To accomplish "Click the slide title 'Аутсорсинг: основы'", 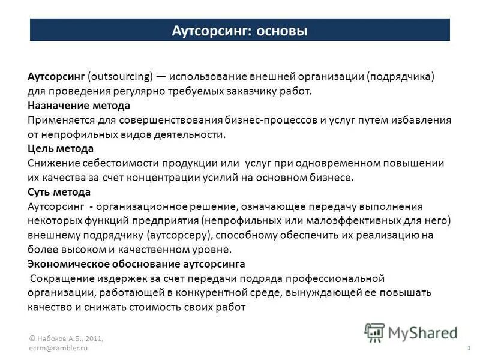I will coord(239,30).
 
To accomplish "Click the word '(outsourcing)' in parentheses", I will coord(119,77).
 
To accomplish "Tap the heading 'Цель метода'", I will coord(61,148).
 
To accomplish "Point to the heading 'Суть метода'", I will coord(59,192).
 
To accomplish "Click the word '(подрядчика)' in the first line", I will coord(400,77).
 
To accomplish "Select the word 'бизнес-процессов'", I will coord(273,119).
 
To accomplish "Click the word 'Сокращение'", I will coord(58,278).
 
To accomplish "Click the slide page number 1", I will coord(467,349).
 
